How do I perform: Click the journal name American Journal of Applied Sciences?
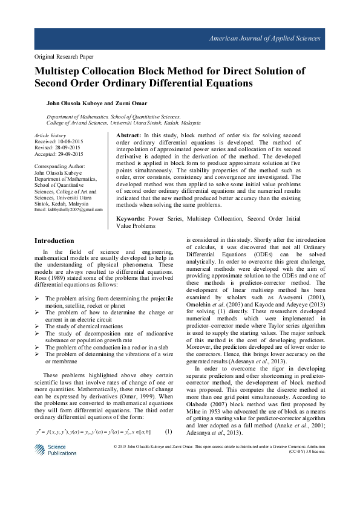[x=264, y=39]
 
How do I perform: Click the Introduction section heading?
[x=54, y=241]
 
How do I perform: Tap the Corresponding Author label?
[x=60, y=166]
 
